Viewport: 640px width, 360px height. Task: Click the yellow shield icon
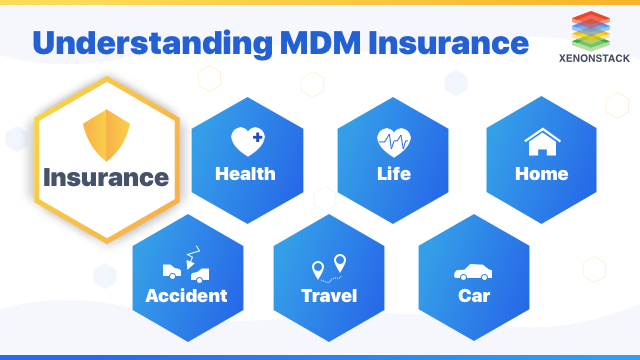[x=105, y=137]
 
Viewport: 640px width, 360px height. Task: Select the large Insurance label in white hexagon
[x=105, y=179]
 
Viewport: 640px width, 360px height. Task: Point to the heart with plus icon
[x=246, y=141]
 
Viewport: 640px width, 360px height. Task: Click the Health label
[x=245, y=174]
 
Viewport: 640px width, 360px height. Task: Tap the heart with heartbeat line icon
[x=393, y=141]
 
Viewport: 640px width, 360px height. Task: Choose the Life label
[x=393, y=174]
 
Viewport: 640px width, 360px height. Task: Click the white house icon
[x=541, y=142]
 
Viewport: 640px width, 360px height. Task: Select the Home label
[x=541, y=174]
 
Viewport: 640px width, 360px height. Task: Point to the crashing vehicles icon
[x=186, y=265]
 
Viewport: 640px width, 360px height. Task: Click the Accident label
[x=186, y=296]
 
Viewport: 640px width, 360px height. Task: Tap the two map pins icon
[x=329, y=266]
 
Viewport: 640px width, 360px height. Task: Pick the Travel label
[x=329, y=296]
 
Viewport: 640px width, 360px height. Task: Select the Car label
[x=473, y=296]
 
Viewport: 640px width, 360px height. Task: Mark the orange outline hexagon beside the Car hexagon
[x=594, y=268]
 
